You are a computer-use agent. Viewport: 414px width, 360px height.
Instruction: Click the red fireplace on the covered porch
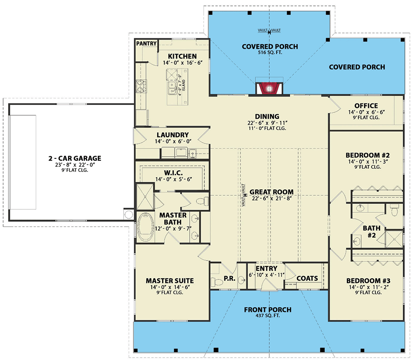(x=269, y=88)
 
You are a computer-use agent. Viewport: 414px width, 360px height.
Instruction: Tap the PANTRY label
(x=146, y=44)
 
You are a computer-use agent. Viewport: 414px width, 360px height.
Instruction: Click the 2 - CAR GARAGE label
(x=75, y=158)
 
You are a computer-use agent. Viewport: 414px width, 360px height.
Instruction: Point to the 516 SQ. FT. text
(x=269, y=53)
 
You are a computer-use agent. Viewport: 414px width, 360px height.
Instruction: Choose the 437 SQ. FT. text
(x=268, y=316)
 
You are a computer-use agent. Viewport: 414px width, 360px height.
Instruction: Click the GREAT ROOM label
(x=272, y=192)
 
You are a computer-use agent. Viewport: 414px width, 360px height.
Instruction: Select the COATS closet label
(x=307, y=279)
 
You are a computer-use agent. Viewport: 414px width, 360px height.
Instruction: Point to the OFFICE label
(x=366, y=106)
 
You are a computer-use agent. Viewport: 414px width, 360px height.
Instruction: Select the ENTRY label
(x=266, y=269)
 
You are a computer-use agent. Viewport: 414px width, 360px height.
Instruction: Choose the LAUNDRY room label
(x=173, y=135)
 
